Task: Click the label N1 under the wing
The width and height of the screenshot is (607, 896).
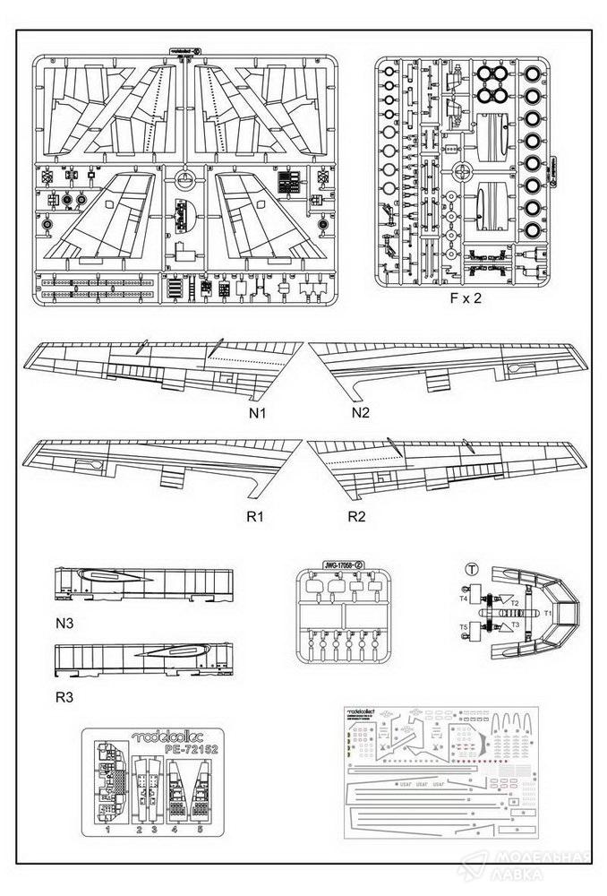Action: coord(260,415)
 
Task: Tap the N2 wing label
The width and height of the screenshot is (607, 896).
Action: coord(361,413)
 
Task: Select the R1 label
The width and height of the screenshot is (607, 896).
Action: coord(259,517)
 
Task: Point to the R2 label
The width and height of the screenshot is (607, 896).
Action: coord(360,517)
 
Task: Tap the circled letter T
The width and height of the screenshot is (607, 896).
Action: coord(471,570)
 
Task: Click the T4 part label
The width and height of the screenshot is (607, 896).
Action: coord(464,598)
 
